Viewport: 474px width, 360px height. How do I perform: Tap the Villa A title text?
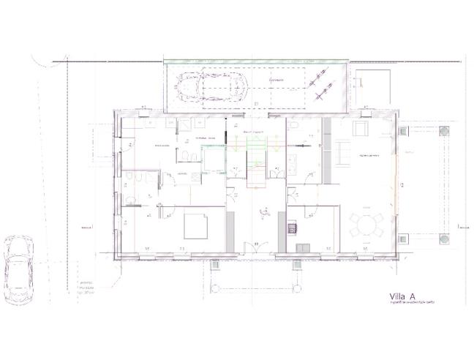[403, 297]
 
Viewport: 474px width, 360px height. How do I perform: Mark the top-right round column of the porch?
[443, 131]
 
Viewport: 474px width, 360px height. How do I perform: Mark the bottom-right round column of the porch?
[443, 237]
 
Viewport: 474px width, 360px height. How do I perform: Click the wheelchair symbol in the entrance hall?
[265, 214]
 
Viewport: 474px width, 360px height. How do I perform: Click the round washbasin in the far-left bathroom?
[129, 200]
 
